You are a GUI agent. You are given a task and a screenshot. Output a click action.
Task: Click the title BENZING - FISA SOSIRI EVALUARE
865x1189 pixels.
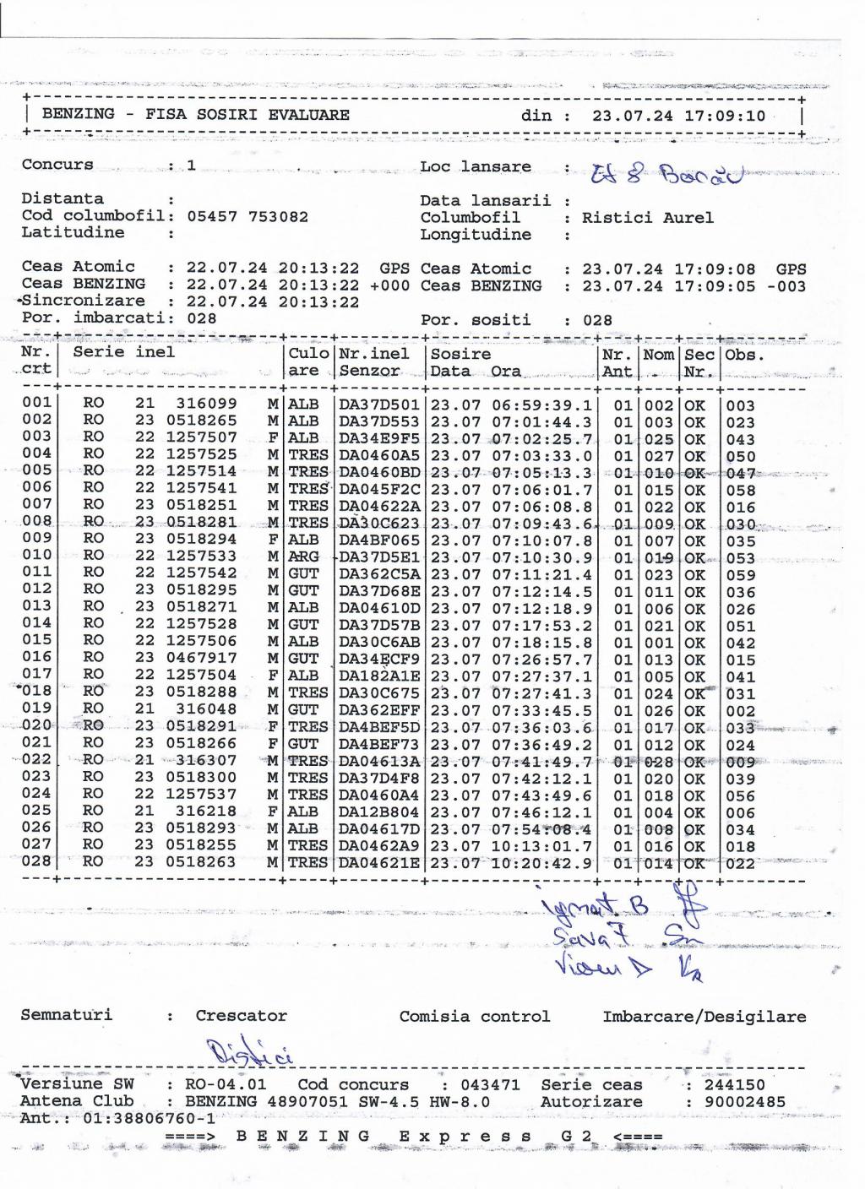195,114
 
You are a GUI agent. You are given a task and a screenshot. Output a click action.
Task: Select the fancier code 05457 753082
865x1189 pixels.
248,217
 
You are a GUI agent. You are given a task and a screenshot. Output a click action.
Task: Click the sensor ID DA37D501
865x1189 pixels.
379,405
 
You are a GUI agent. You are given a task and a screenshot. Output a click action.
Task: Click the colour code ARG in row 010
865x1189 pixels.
304,558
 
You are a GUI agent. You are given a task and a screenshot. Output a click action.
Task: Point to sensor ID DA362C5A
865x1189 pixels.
379,575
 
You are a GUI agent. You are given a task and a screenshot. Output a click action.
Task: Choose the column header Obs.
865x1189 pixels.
744,355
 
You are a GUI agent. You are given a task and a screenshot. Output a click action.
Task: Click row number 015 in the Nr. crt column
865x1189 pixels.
37,641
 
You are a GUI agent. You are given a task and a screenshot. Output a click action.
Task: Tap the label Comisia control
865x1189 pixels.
474,1017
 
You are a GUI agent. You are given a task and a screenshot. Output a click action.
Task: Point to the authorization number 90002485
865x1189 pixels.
735,1102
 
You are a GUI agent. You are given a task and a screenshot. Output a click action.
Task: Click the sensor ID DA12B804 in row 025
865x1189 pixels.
379,812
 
